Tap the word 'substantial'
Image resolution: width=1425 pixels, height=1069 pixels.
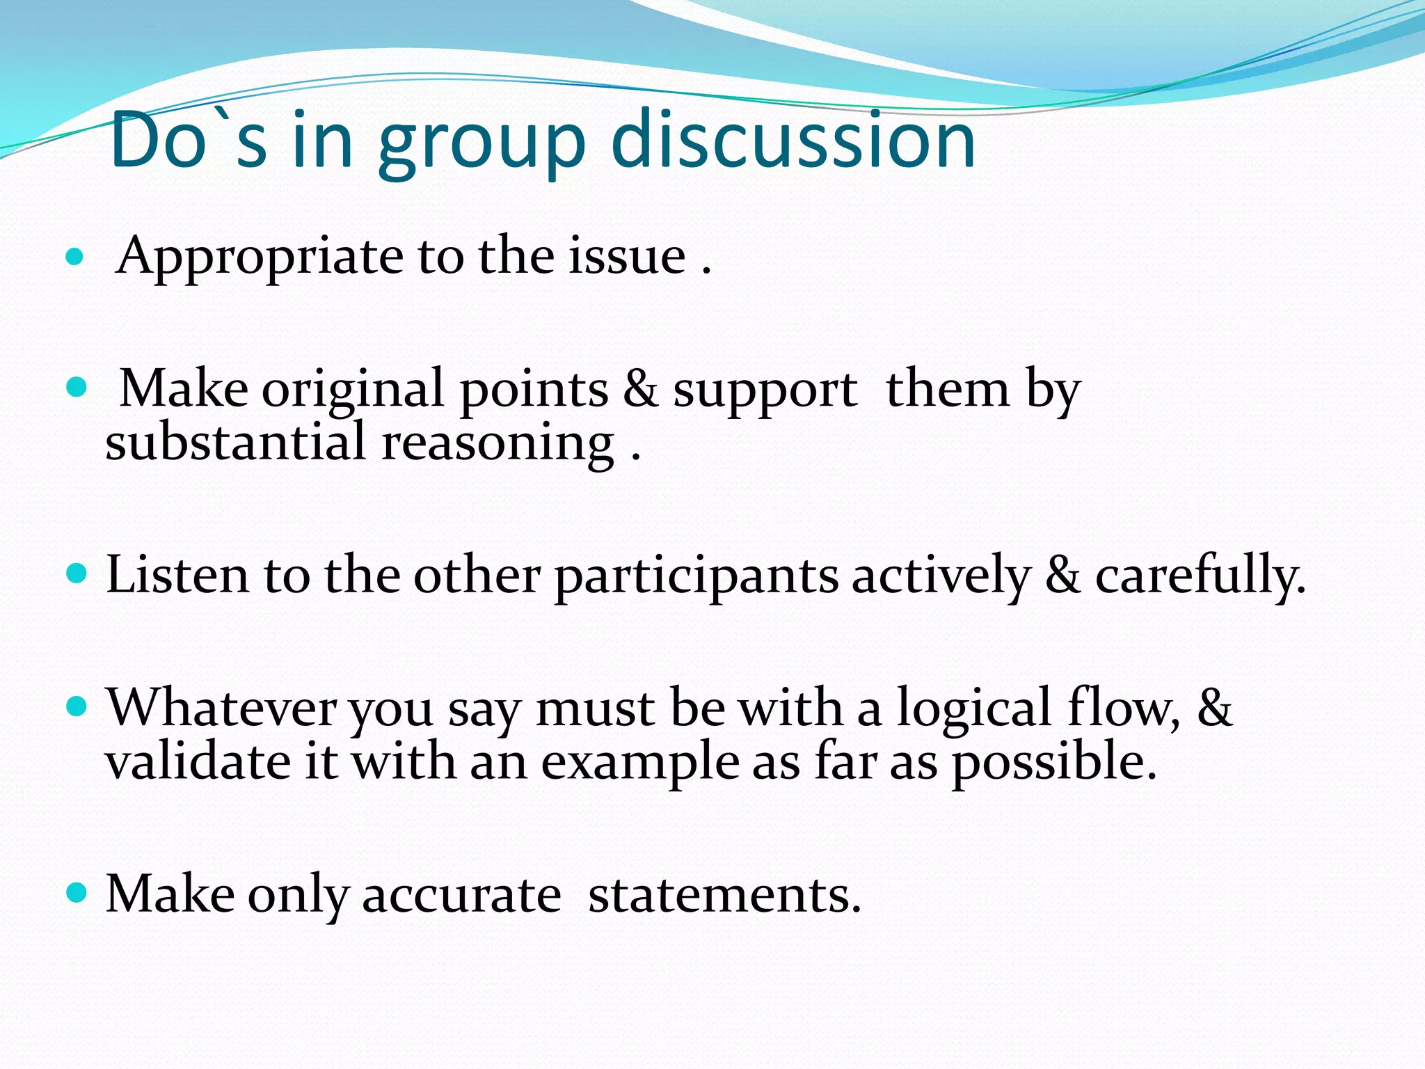(235, 443)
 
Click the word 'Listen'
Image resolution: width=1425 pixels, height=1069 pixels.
(177, 576)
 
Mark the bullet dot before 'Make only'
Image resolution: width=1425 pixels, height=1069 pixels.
(76, 892)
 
